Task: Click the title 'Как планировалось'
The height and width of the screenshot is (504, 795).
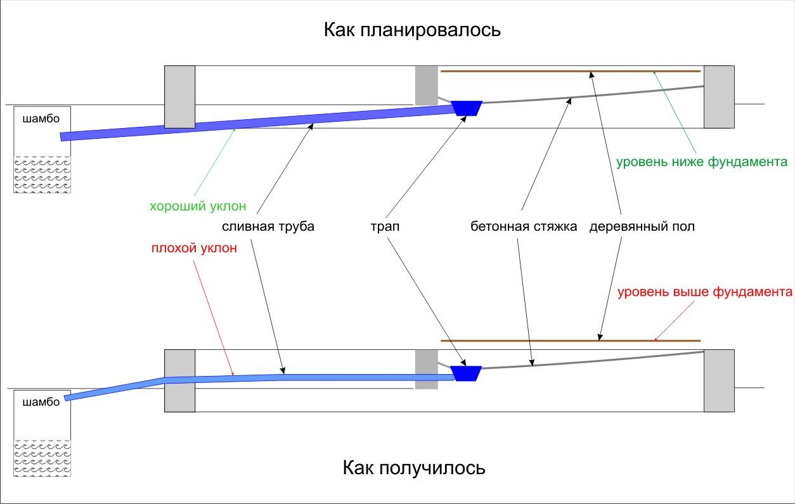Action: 413,30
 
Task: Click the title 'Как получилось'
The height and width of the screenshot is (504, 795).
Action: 414,468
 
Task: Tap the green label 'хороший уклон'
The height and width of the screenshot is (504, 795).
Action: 197,206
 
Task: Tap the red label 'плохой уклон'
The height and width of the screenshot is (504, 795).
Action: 194,248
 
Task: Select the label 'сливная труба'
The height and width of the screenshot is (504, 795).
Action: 268,226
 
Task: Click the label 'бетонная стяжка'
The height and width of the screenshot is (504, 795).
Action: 524,226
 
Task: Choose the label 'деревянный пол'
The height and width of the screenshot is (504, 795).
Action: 642,226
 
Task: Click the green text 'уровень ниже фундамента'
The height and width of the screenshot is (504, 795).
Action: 702,161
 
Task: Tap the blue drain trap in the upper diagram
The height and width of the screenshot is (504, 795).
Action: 467,108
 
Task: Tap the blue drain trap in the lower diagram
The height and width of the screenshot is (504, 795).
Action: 466,373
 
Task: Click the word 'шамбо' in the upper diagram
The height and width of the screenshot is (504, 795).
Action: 41,119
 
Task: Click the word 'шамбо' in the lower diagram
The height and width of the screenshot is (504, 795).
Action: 41,402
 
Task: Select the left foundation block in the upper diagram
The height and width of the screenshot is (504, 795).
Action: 179,96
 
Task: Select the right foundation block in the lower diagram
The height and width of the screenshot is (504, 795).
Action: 719,380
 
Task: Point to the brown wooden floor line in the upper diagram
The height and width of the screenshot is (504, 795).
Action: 571,71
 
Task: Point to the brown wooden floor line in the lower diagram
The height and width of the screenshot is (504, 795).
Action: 571,340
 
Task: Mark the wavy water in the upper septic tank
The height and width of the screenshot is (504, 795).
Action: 42,174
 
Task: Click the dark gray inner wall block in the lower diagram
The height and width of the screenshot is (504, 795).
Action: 426,370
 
